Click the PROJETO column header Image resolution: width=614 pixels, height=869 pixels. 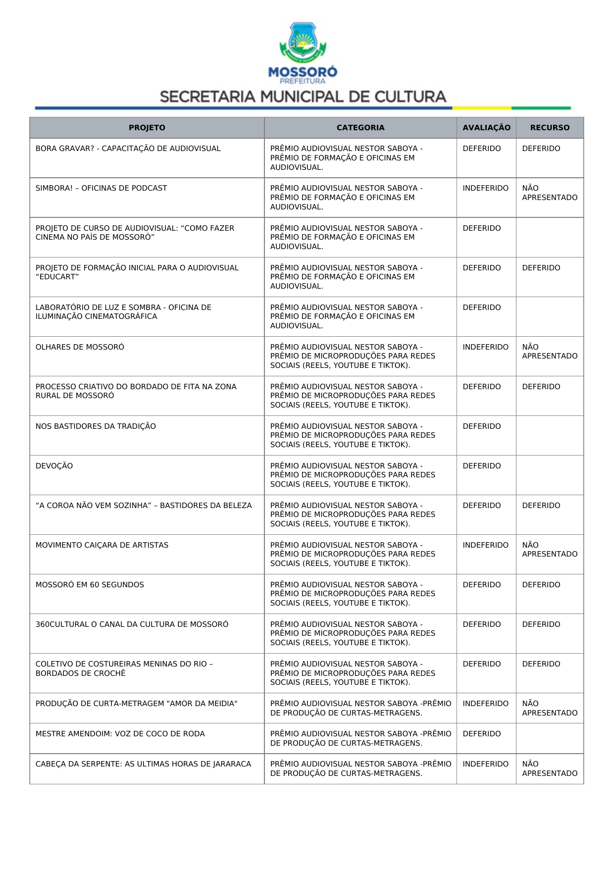[147, 128]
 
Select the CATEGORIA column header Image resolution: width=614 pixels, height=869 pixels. [360, 128]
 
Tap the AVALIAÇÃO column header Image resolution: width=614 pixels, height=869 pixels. [486, 128]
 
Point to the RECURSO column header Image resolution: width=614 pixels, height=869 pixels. [550, 128]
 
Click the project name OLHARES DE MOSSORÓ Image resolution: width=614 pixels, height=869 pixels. [80, 347]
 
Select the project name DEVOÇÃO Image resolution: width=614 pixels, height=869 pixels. [54, 466]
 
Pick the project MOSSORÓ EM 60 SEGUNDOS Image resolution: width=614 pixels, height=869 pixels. [90, 585]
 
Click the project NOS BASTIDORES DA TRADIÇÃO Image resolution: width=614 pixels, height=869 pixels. [96, 426]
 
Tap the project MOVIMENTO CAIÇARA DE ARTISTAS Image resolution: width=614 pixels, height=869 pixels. [102, 545]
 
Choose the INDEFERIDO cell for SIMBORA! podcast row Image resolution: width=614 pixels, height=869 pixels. [485, 188]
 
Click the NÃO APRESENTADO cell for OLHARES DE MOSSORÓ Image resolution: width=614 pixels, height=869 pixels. [550, 352]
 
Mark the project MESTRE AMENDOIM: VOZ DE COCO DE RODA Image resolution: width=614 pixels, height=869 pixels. [120, 734]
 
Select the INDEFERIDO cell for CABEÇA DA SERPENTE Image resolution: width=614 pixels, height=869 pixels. [485, 764]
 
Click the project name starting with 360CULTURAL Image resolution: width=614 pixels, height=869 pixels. [132, 624]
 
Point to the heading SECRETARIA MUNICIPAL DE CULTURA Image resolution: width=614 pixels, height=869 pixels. [303, 97]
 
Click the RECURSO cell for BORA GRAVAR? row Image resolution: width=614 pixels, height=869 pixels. [541, 149]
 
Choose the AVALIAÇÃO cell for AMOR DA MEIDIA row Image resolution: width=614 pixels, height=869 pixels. [485, 704]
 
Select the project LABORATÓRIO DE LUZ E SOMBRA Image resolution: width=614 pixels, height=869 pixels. [123, 312]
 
